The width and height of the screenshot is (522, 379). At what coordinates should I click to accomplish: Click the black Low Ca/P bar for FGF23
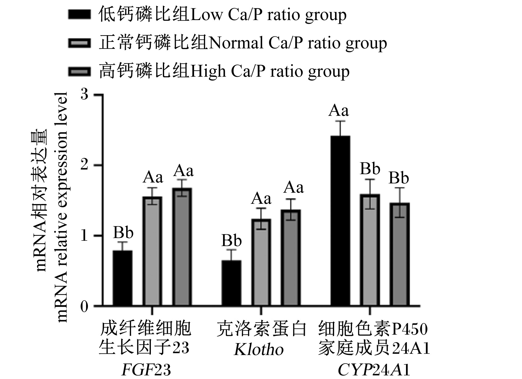click(122, 278)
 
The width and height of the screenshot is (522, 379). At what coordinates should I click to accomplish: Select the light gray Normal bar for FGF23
click(152, 251)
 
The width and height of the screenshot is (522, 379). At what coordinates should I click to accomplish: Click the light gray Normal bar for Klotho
click(261, 262)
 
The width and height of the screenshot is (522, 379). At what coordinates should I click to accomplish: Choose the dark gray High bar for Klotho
click(291, 258)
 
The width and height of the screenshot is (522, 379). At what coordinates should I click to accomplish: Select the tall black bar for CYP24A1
click(340, 220)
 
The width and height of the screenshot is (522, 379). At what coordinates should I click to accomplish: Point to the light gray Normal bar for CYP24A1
click(370, 250)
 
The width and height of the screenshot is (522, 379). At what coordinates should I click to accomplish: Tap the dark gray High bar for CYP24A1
click(400, 254)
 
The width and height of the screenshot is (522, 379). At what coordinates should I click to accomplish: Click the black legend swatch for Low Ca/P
click(79, 14)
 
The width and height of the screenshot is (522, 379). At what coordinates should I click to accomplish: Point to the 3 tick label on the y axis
click(84, 95)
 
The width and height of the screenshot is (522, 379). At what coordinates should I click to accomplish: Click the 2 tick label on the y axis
click(84, 165)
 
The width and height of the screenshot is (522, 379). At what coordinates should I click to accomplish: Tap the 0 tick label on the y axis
click(84, 306)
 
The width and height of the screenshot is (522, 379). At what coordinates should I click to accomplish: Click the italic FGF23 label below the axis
click(146, 370)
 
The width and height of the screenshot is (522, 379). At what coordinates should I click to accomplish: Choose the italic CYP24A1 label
click(374, 370)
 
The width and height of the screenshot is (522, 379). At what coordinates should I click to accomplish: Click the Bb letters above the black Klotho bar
click(231, 240)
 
